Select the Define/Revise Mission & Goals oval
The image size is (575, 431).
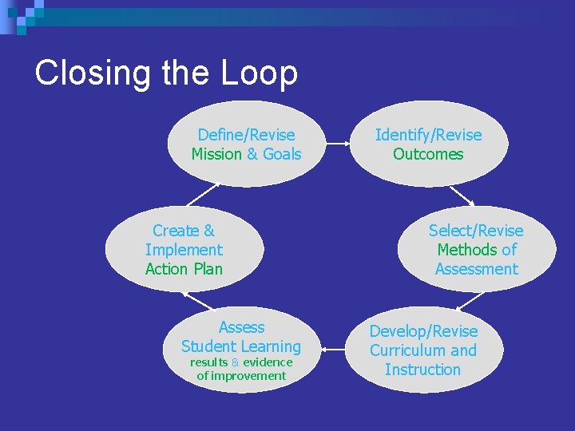click(245, 144)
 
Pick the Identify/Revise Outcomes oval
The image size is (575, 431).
click(429, 144)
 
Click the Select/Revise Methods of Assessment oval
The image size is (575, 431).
click(477, 250)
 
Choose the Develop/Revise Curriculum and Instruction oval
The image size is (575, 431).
click(423, 350)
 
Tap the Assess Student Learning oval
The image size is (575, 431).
click(241, 350)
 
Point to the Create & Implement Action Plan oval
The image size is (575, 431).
click(184, 250)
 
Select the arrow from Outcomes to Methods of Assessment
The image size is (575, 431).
click(462, 196)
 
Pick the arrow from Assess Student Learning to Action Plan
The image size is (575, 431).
click(198, 301)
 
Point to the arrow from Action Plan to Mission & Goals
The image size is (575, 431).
click(204, 196)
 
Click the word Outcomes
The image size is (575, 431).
click(428, 154)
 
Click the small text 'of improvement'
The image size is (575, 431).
click(241, 376)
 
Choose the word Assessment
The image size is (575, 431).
click(477, 269)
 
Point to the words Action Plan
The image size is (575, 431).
click(184, 269)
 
